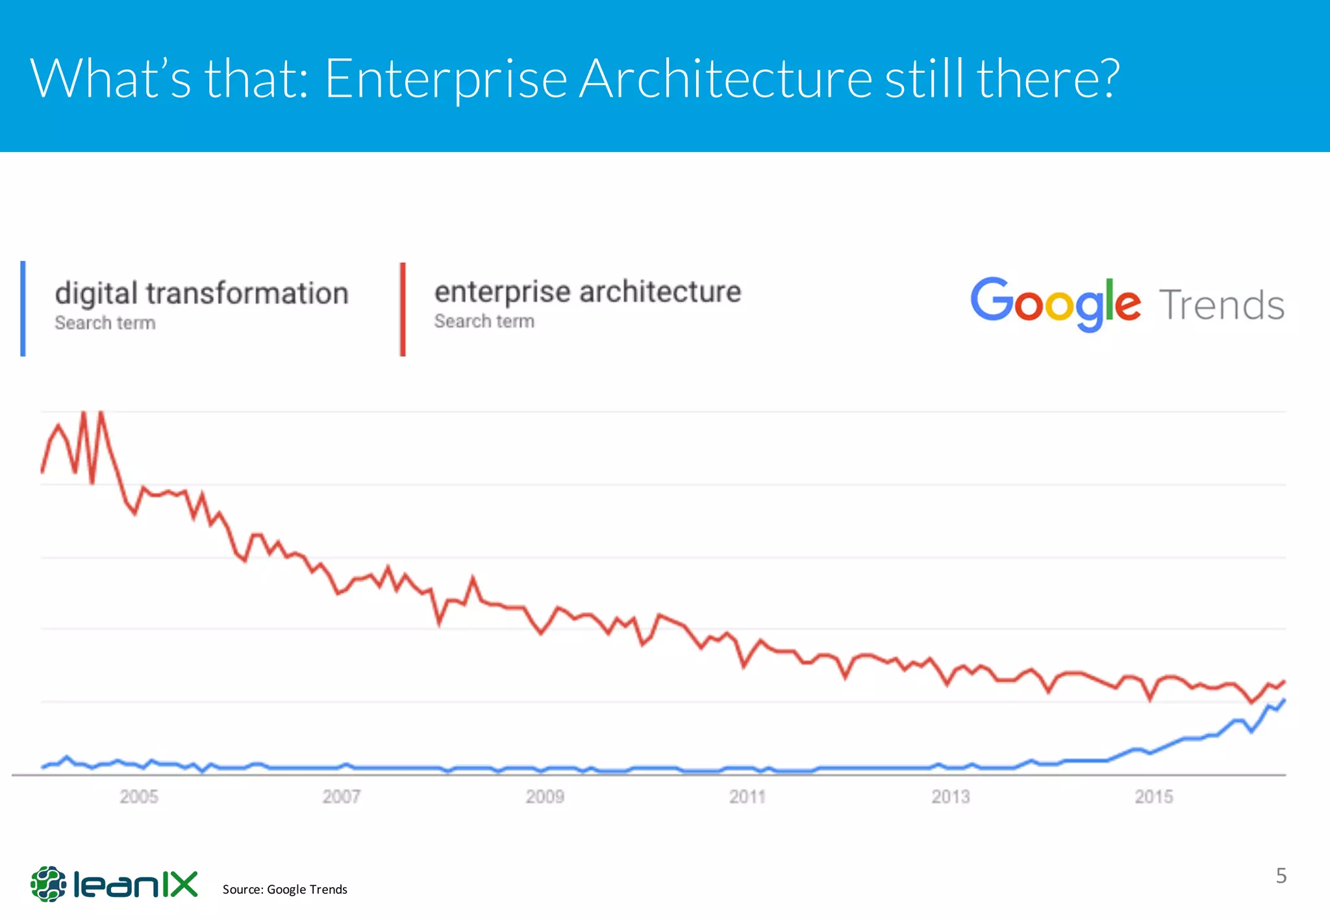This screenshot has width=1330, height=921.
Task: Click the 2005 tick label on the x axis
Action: point(139,796)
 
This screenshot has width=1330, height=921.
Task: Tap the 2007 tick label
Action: point(342,796)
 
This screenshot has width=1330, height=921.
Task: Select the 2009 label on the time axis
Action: point(545,796)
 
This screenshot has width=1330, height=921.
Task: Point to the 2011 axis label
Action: point(747,796)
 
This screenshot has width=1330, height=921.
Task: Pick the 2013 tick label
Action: point(951,796)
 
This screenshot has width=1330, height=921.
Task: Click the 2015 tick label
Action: point(1154,796)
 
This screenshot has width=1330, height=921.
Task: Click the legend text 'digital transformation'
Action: point(202,294)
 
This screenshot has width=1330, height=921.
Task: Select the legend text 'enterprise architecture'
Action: point(588,292)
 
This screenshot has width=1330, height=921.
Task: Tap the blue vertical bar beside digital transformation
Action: point(23,309)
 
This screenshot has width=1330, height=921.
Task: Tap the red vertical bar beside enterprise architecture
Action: point(403,309)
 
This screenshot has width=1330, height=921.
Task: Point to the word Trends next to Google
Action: point(1222,305)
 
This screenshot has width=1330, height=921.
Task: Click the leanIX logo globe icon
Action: point(49,883)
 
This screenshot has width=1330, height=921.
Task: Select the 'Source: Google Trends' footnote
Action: point(284,889)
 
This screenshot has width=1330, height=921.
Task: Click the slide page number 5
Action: point(1281,876)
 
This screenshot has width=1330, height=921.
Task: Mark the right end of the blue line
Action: point(1285,700)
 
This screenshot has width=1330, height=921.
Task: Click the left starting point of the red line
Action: point(43,472)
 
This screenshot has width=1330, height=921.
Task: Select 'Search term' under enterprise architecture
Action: point(484,322)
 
